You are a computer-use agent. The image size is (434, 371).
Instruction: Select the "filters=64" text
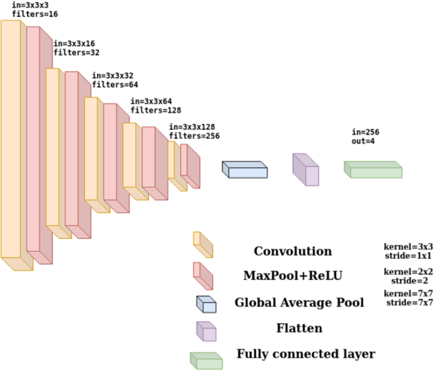[115, 84]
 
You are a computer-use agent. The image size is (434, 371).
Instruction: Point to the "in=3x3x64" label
[151, 101]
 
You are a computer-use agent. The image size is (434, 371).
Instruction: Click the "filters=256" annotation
[194, 136]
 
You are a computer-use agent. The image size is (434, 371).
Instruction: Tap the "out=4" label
[364, 141]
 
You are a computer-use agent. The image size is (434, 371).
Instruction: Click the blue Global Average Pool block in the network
[245, 169]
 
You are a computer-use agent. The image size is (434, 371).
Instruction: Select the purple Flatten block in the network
[305, 169]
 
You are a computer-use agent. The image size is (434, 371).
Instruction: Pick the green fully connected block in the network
[373, 169]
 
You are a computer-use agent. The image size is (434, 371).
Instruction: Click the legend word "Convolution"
[293, 251]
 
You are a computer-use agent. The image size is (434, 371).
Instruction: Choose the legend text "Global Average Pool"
[299, 303]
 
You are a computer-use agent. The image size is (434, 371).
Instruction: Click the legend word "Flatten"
[299, 328]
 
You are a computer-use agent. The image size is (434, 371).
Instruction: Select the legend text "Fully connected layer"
[306, 353]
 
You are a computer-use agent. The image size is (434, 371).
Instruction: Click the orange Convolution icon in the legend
[203, 244]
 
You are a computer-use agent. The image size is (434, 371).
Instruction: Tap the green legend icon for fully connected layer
[206, 360]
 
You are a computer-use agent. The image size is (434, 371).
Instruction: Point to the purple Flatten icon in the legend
[206, 330]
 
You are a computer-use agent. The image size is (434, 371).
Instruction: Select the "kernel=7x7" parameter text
[408, 294]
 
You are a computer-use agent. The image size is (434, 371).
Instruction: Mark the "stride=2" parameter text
[408, 280]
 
